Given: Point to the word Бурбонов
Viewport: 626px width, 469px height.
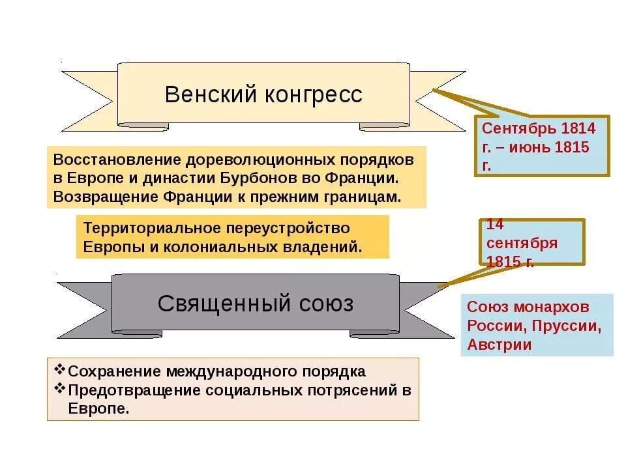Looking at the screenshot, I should pos(261,177).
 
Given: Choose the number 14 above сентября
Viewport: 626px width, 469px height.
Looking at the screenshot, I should pos(496,224).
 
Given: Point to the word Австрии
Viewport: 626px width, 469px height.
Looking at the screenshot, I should pos(499,345).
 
